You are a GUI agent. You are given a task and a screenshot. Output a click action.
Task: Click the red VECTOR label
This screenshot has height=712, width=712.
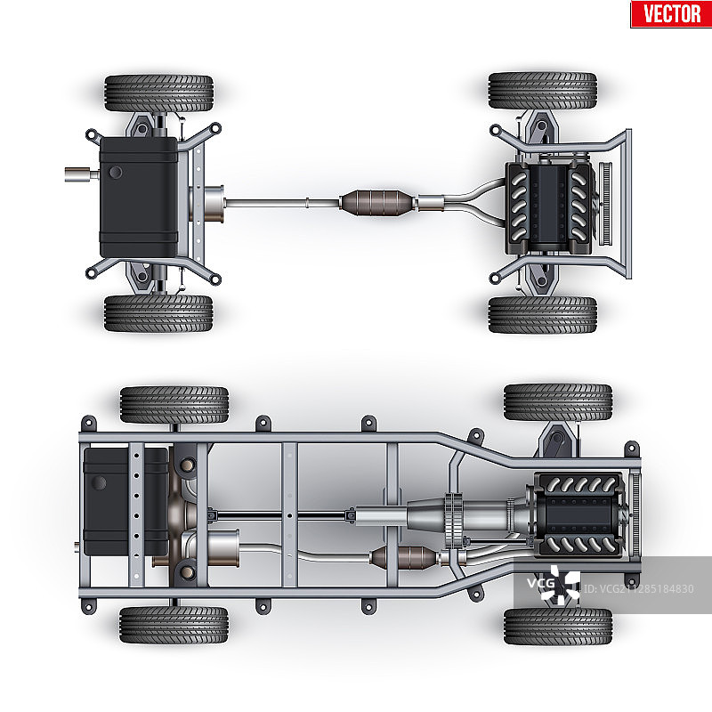pos(671,13)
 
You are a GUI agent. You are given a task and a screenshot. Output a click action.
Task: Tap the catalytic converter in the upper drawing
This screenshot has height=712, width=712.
pos(377,203)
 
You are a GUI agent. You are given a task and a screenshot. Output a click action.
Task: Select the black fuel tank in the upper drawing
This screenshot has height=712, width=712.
pos(139,197)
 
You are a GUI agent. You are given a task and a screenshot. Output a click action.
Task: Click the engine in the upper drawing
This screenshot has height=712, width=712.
pos(548,207)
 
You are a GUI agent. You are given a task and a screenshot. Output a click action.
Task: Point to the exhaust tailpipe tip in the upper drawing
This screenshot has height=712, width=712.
pos(82,174)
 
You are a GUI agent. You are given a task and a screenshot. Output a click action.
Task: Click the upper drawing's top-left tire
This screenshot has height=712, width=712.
pos(159,93)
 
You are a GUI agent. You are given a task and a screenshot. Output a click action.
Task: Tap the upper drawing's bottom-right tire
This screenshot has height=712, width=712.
pos(543,315)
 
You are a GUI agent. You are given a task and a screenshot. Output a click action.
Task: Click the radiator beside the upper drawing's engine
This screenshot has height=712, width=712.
pos(606,204)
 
